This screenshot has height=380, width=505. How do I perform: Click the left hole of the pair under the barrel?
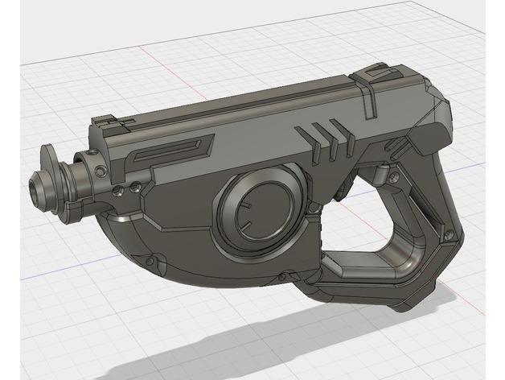[117, 191]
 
